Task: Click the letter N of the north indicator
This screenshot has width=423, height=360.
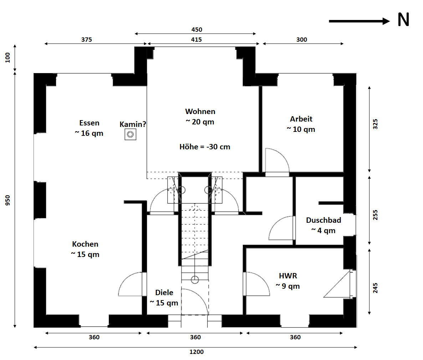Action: [x=404, y=20]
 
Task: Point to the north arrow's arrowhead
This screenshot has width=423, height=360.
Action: [x=386, y=21]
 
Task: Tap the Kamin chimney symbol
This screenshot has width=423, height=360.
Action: [x=130, y=134]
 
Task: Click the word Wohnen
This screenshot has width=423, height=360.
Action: [x=200, y=111]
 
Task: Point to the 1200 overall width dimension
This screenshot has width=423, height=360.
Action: [x=197, y=352]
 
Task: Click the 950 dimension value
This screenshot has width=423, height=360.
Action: [x=8, y=200]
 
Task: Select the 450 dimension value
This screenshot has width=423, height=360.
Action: [x=197, y=29]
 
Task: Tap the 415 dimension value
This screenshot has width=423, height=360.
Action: [x=197, y=39]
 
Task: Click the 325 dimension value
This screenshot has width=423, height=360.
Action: [x=375, y=124]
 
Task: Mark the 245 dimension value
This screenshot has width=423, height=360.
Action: [x=375, y=288]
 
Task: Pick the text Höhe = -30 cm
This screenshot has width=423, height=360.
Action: [x=205, y=147]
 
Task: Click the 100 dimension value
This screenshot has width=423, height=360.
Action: [x=8, y=57]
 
